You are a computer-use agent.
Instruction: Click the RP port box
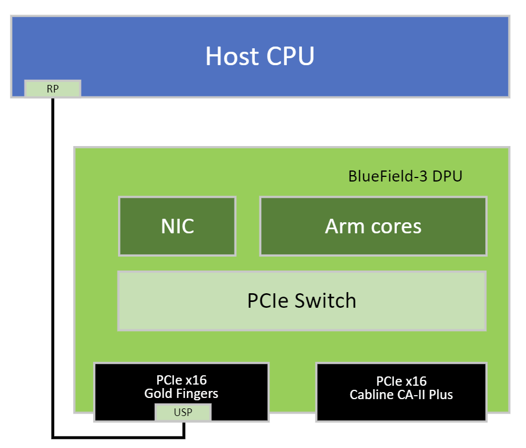point(52,88)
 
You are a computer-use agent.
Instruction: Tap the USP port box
point(183,413)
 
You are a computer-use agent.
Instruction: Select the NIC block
point(177,226)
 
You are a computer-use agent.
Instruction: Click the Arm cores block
point(373,226)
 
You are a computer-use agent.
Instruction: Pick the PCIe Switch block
point(301,301)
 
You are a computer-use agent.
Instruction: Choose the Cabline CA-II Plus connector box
point(401,392)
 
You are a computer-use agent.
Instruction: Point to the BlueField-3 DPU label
point(405,176)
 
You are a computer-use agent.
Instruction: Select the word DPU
point(447,176)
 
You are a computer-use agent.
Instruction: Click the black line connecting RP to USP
point(53,262)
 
